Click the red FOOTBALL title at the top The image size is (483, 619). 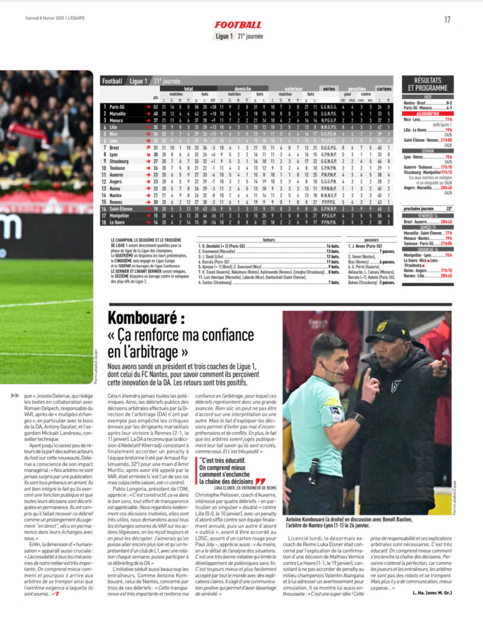[x=238, y=25]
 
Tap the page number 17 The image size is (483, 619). [x=447, y=19]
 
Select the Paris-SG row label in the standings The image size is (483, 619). [x=118, y=106]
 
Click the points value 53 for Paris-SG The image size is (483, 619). [x=156, y=106]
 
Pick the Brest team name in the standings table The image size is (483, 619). [x=115, y=147]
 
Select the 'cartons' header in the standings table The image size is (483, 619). [x=401, y=88]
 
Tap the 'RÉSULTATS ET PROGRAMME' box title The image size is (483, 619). [x=432, y=84]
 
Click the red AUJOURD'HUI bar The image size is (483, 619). [x=432, y=113]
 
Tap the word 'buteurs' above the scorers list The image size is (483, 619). [x=269, y=240]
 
